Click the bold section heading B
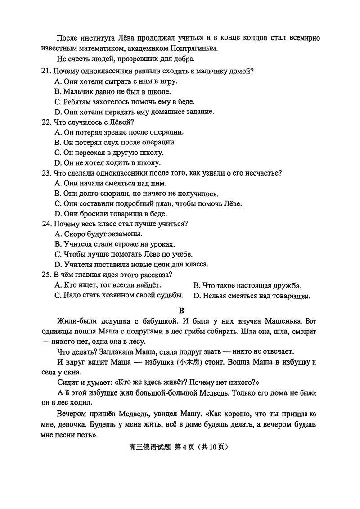(182, 310)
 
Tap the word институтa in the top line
(99, 38)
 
